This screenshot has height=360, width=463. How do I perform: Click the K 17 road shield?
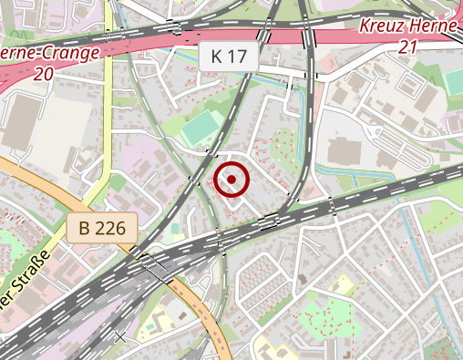229,57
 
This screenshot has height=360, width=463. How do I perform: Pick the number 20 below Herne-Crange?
42,75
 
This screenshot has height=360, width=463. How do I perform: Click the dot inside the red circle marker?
232,180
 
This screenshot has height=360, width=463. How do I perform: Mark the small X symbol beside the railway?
119,336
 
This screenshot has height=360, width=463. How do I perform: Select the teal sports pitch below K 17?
201,130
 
